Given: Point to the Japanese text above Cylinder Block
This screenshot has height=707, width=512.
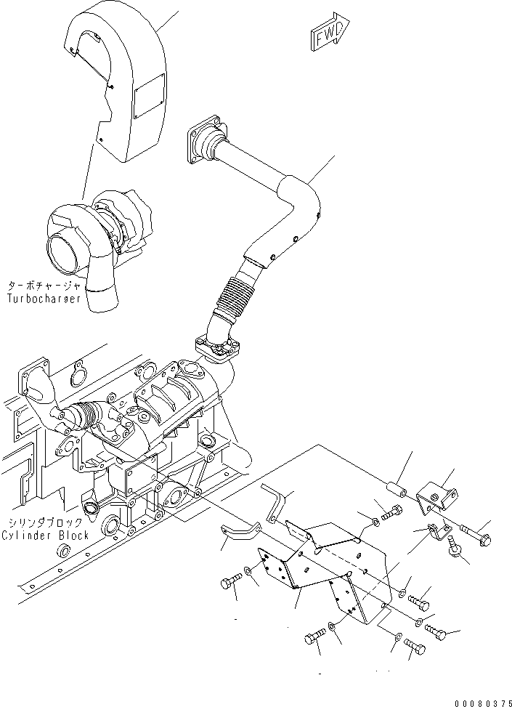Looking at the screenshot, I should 45,522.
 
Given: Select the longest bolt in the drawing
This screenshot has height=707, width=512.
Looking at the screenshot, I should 473,536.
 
